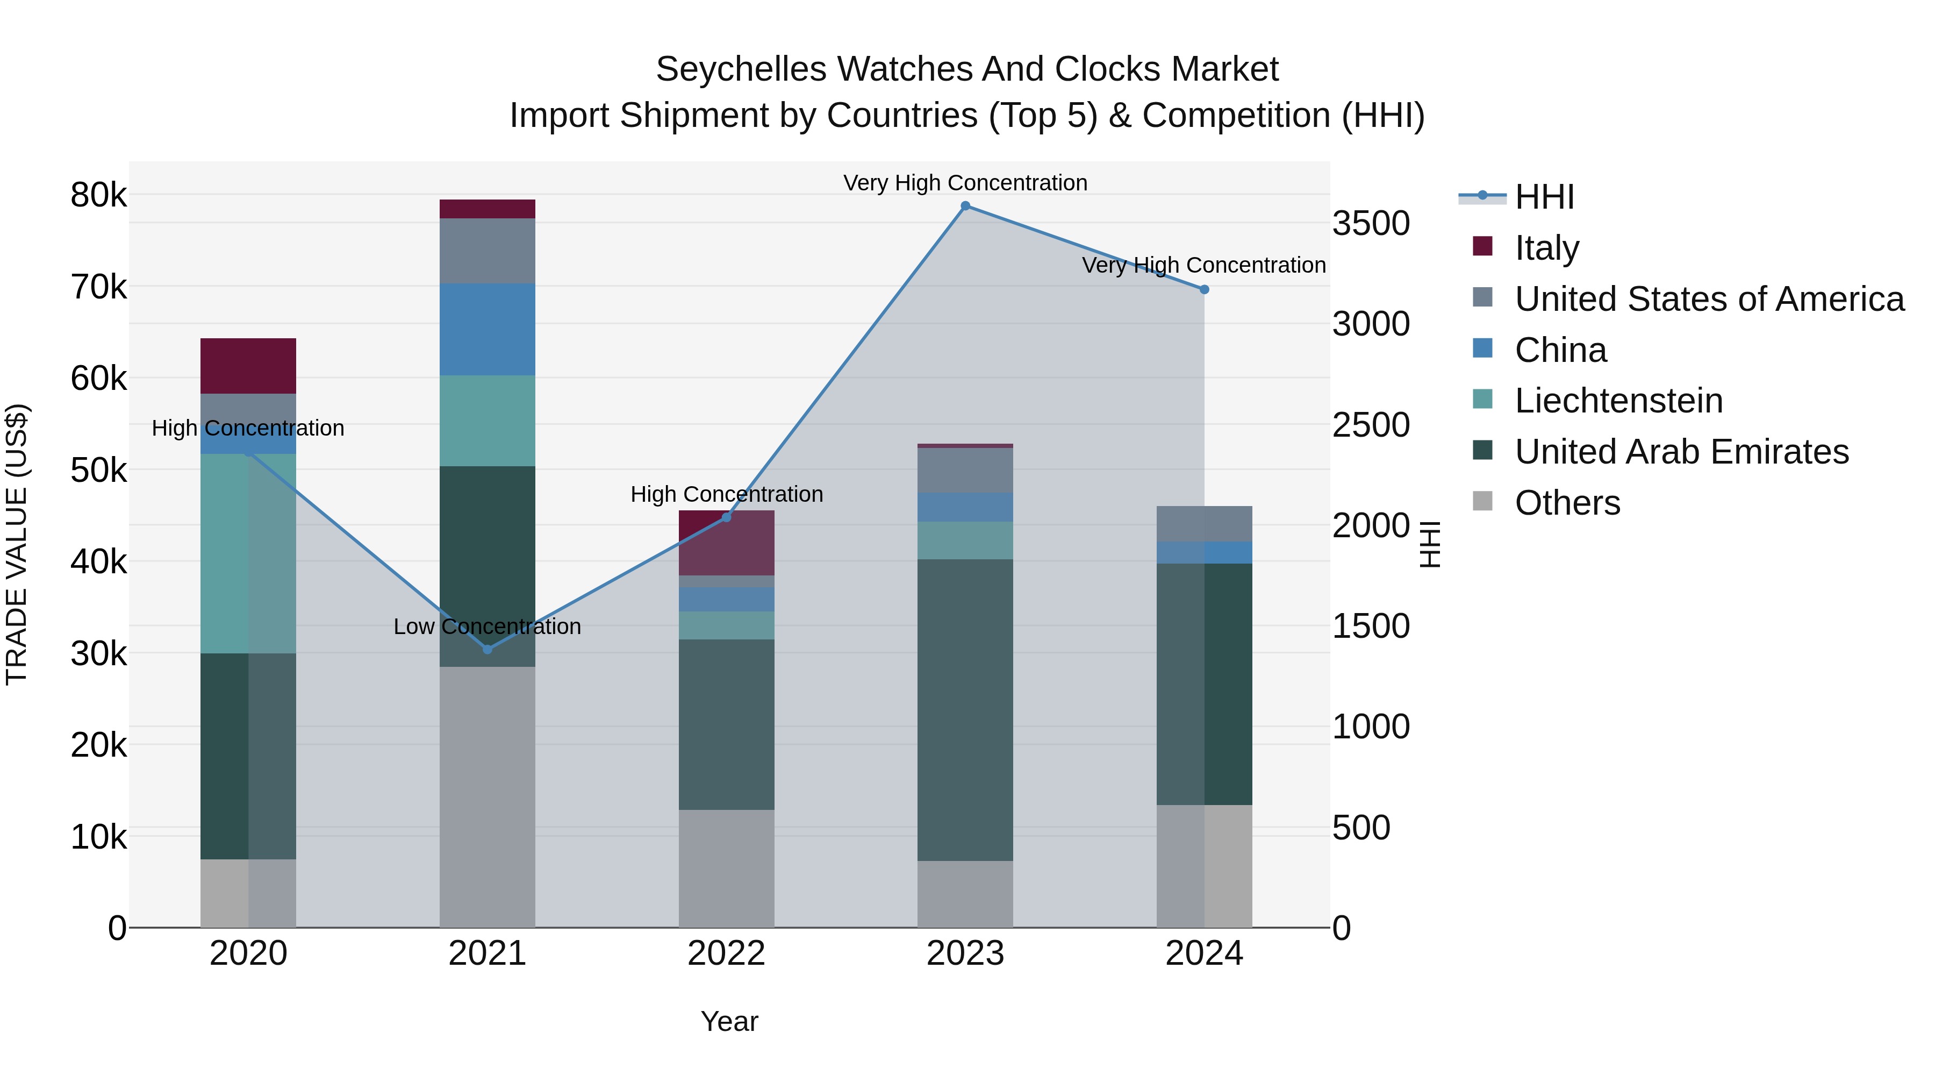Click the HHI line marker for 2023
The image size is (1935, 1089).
[x=965, y=206]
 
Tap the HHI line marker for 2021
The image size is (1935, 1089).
[x=488, y=649]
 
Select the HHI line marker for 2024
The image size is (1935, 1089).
[x=1204, y=289]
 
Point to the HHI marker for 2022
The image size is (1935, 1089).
[x=726, y=517]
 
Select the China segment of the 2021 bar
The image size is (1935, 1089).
[x=488, y=329]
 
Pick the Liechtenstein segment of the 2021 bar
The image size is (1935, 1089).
[x=488, y=421]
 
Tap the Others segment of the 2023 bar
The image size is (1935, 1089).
[x=965, y=894]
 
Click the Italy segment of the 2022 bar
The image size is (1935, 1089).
[x=726, y=543]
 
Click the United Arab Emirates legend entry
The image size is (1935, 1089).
[x=1681, y=452]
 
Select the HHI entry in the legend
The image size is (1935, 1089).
[x=1544, y=197]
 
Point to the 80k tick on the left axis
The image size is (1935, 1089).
[x=98, y=195]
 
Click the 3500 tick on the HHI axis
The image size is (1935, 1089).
[x=1371, y=223]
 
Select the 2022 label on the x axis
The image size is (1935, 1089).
[x=726, y=953]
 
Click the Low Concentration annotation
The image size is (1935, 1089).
[x=488, y=627]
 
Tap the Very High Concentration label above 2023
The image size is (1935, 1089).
[x=965, y=183]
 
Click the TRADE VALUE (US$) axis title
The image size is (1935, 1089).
[x=17, y=544]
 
